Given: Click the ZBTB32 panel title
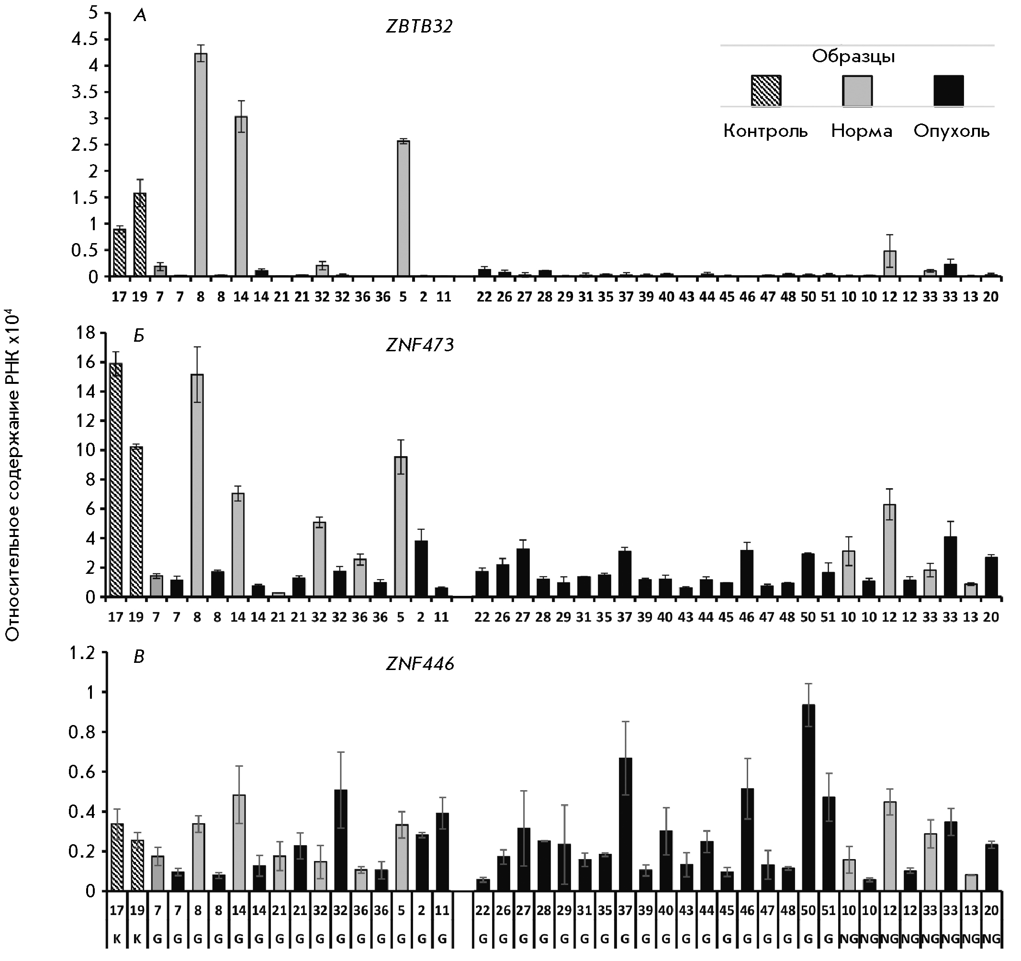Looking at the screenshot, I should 419,26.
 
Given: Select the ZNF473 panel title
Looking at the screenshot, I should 420,345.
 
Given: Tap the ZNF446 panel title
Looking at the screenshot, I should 420,664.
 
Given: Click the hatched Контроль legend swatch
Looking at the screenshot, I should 765,90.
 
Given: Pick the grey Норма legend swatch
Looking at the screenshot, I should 857,90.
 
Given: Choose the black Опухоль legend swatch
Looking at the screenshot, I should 948,90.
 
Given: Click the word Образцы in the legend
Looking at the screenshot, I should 853,56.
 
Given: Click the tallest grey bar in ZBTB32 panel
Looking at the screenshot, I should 200,164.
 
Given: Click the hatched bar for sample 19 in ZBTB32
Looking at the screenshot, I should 139,235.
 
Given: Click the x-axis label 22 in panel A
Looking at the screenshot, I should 484,297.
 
